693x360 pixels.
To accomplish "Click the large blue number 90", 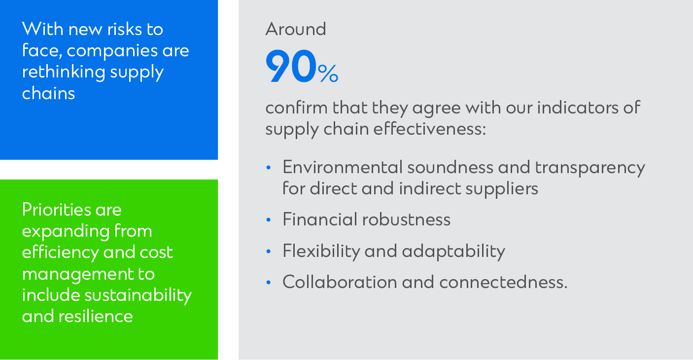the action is coord(291,66).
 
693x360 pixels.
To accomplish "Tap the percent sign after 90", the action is coord(328,73).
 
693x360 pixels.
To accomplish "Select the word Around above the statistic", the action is coord(296,29).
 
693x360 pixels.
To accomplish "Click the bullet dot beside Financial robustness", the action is coord(269,220).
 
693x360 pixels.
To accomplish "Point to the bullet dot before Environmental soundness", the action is coord(269,168).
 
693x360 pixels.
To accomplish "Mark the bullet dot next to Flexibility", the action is coord(269,251).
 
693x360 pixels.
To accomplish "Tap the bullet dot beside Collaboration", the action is coord(269,282).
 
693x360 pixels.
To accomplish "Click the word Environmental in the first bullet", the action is coord(343,167).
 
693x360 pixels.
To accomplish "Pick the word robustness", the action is coord(406,219).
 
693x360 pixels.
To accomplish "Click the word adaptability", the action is coord(453,252).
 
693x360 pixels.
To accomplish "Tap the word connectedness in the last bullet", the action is coord(503,282).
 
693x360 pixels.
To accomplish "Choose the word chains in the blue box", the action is coord(49,93).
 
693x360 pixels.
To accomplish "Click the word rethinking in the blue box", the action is coord(64,72).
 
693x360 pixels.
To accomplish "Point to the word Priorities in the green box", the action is coord(56,210).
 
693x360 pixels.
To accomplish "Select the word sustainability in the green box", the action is coord(138,295).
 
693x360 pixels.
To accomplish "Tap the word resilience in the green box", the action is coord(96,316).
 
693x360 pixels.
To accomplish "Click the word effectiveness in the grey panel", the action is coord(429,129).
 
